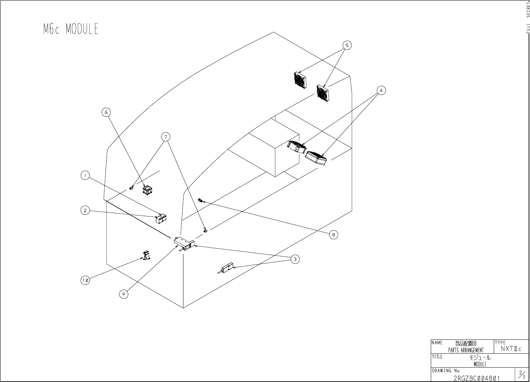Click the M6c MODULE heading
pyautogui.click(x=71, y=29)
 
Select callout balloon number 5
pyautogui.click(x=347, y=45)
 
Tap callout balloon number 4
pyautogui.click(x=381, y=90)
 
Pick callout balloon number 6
pyautogui.click(x=106, y=112)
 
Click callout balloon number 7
pyautogui.click(x=166, y=136)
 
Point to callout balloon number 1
pyautogui.click(x=85, y=175)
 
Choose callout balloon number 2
pyautogui.click(x=85, y=210)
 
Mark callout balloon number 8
pyautogui.click(x=333, y=235)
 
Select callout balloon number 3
pyautogui.click(x=295, y=259)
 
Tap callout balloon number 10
pyautogui.click(x=85, y=280)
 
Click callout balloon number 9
pyautogui.click(x=123, y=294)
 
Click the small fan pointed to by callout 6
pyautogui.click(x=148, y=190)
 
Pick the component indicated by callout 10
pyautogui.click(x=147, y=255)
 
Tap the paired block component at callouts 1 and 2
pyautogui.click(x=161, y=219)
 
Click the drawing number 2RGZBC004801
pyautogui.click(x=477, y=378)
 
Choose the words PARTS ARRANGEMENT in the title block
pyautogui.click(x=466, y=350)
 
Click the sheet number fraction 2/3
pyautogui.click(x=522, y=375)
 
